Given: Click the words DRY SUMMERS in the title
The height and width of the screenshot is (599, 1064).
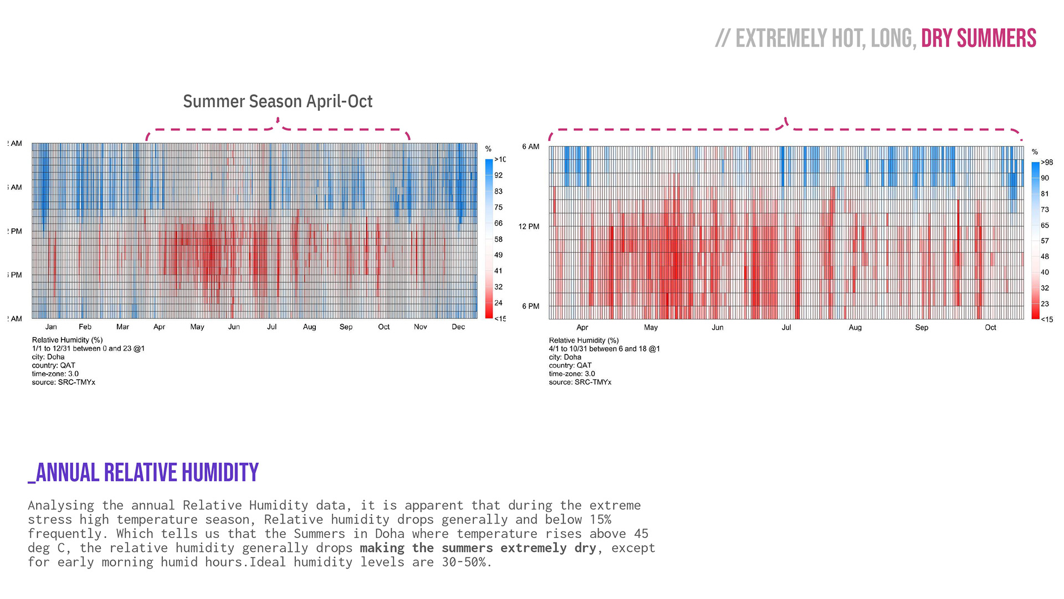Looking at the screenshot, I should pos(978,38).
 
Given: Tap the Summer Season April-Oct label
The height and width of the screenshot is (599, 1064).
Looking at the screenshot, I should pos(278,101).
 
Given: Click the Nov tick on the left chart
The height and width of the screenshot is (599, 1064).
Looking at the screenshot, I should pos(420,327).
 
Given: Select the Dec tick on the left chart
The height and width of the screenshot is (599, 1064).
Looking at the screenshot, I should pos(458,327).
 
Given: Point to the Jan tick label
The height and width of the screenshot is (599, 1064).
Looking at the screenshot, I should pos(51,327).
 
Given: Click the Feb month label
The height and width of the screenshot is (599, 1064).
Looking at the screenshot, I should pos(85,327).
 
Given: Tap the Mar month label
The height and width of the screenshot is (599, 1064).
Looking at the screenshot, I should pos(122,327).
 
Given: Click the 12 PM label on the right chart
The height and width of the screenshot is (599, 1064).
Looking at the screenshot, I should pos(529,226).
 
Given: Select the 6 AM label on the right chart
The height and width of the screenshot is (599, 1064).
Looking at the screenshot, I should pos(530,146).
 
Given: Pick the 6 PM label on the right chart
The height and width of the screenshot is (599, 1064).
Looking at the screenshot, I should pos(530,306).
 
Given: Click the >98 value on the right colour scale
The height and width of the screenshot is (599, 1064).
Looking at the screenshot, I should pos(1047,163).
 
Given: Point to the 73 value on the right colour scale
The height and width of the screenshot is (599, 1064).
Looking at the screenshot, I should pos(1045,210).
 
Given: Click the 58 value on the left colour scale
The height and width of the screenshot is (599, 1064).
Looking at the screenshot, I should pos(498,239).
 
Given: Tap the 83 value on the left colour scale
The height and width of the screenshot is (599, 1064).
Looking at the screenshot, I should pos(498,191).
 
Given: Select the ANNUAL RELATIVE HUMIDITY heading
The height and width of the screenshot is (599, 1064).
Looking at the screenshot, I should pos(144,473).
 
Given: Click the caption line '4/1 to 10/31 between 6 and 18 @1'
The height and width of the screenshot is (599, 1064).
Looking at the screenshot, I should pos(604,349).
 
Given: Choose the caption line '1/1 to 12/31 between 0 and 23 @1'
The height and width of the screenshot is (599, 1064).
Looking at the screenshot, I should pos(88,348).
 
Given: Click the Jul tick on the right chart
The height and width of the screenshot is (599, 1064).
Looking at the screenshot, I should pos(786,327).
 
